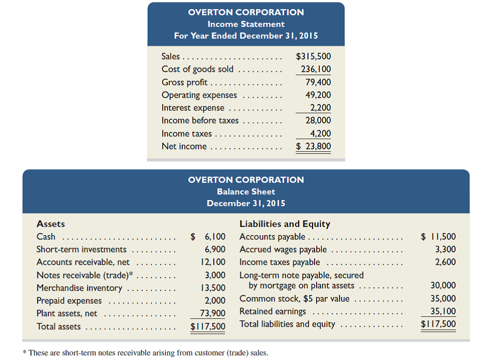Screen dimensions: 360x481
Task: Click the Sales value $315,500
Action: pyautogui.click(x=313, y=56)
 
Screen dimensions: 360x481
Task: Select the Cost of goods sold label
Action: pyautogui.click(x=197, y=69)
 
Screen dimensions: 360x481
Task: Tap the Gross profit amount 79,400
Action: pyautogui.click(x=318, y=82)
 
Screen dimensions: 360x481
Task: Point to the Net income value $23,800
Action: pyautogui.click(x=314, y=146)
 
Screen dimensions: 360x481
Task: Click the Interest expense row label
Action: pyautogui.click(x=192, y=108)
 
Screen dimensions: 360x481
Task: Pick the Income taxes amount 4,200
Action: pyautogui.click(x=321, y=134)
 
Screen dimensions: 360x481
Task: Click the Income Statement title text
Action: pyautogui.click(x=246, y=24)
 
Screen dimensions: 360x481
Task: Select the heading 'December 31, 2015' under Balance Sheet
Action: pyautogui.click(x=246, y=203)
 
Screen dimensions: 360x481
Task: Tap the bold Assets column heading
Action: pyautogui.click(x=51, y=224)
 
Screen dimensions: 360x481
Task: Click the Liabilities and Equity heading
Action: pyautogui.click(x=285, y=224)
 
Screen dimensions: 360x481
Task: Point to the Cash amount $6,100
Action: pyautogui.click(x=208, y=237)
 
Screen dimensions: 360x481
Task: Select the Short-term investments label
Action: pyautogui.click(x=81, y=249)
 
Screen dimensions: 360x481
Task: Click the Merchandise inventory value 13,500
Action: pyautogui.click(x=215, y=288)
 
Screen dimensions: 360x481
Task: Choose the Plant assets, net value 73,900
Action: pyautogui.click(x=213, y=314)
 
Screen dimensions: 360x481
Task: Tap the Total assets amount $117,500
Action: pyautogui.click(x=208, y=326)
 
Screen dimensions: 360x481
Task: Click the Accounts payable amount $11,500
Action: pyautogui.click(x=439, y=237)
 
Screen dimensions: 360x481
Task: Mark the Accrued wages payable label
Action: pyautogui.click(x=283, y=249)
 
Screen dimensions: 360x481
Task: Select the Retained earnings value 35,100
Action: pyautogui.click(x=442, y=311)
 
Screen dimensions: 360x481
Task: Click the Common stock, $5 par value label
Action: pyautogui.click(x=294, y=299)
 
